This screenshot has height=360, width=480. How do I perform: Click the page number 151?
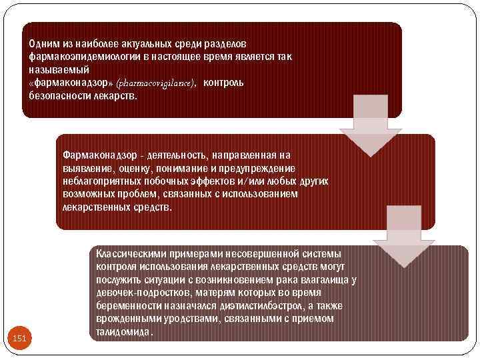20,339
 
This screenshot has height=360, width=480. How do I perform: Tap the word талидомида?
124,332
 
